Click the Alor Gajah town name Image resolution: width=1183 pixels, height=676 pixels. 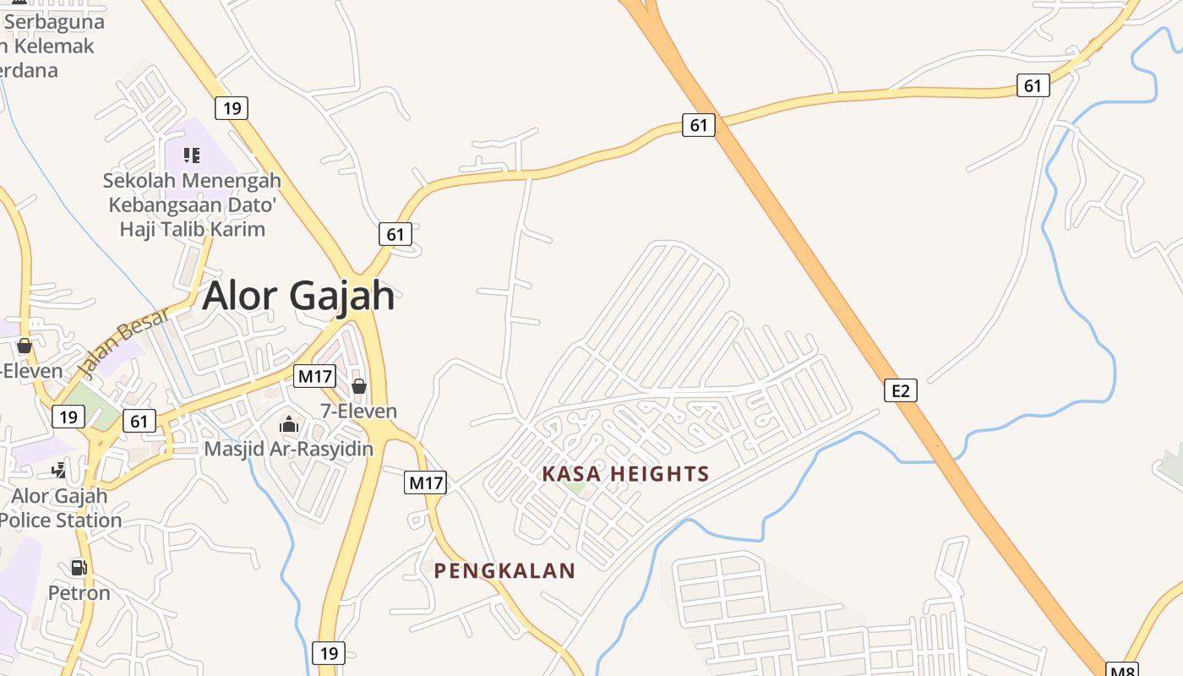tap(298, 296)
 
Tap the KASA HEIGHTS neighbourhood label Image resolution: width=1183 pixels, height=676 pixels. tap(625, 474)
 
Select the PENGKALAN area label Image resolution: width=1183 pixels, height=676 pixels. tap(504, 571)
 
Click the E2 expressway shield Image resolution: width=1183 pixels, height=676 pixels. tap(901, 390)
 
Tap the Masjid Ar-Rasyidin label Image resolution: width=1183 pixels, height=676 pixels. tap(289, 449)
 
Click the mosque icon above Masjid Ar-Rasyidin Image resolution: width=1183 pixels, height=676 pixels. tap(289, 423)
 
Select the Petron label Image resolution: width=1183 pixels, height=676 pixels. tap(79, 592)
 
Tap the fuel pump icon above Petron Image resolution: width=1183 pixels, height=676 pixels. tap(79, 568)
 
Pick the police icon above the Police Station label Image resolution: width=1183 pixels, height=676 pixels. tap(59, 471)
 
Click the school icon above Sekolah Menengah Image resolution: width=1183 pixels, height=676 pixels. tap(192, 155)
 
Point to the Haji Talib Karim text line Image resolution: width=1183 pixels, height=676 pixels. tap(192, 229)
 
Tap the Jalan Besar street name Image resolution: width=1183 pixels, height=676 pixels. tap(123, 342)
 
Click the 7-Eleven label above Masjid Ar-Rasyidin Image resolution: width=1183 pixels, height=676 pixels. tap(358, 412)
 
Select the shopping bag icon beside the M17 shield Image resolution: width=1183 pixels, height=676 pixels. tap(359, 386)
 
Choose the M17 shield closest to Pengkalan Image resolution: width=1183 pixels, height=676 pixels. tap(426, 483)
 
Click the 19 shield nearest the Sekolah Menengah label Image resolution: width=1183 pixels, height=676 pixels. tap(231, 108)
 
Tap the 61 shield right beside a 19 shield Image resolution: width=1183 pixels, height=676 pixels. tap(139, 421)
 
